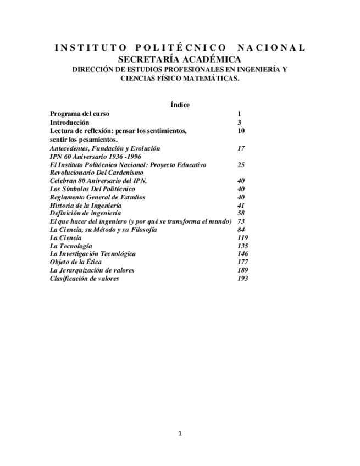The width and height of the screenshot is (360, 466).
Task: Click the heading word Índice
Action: (x=180, y=104)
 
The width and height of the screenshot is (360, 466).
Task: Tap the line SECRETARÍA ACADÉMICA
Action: (x=180, y=59)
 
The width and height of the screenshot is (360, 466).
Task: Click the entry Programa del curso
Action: (x=79, y=114)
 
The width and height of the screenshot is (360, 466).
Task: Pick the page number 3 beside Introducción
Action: (x=239, y=123)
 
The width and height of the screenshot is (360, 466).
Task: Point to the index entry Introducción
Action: (x=69, y=123)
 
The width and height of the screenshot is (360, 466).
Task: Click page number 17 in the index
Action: (x=241, y=148)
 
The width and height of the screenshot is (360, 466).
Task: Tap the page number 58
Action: (x=241, y=213)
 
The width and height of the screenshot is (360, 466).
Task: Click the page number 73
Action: (x=241, y=221)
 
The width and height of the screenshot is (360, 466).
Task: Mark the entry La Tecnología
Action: (x=71, y=246)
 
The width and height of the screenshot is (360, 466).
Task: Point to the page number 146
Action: (x=242, y=254)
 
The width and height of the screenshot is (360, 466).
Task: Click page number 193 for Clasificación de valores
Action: (x=242, y=279)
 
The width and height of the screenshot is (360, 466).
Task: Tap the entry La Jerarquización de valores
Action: (x=92, y=270)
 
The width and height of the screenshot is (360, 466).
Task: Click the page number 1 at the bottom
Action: (x=180, y=434)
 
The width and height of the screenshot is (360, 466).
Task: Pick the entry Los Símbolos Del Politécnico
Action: (x=92, y=189)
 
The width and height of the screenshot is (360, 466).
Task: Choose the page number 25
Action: (x=241, y=165)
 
